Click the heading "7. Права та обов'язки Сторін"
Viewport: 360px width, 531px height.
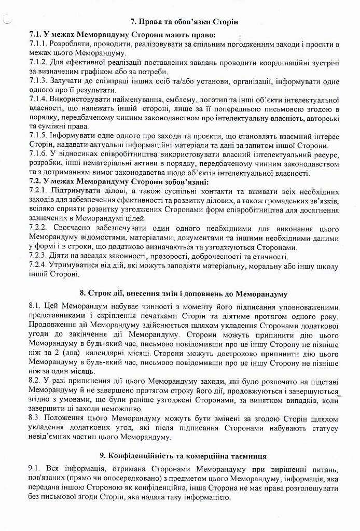pos(184,21)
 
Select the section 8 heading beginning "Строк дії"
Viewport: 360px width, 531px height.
pos(184,294)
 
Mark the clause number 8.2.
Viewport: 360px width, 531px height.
pos(35,380)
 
